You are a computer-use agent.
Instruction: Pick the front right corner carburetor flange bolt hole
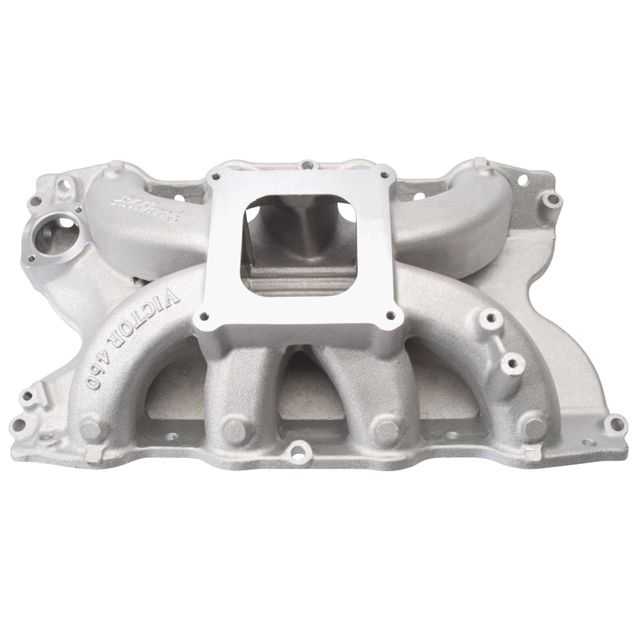click(x=390, y=315)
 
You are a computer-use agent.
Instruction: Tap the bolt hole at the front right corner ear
click(x=616, y=425)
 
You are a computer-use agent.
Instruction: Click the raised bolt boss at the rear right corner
click(x=550, y=197)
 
